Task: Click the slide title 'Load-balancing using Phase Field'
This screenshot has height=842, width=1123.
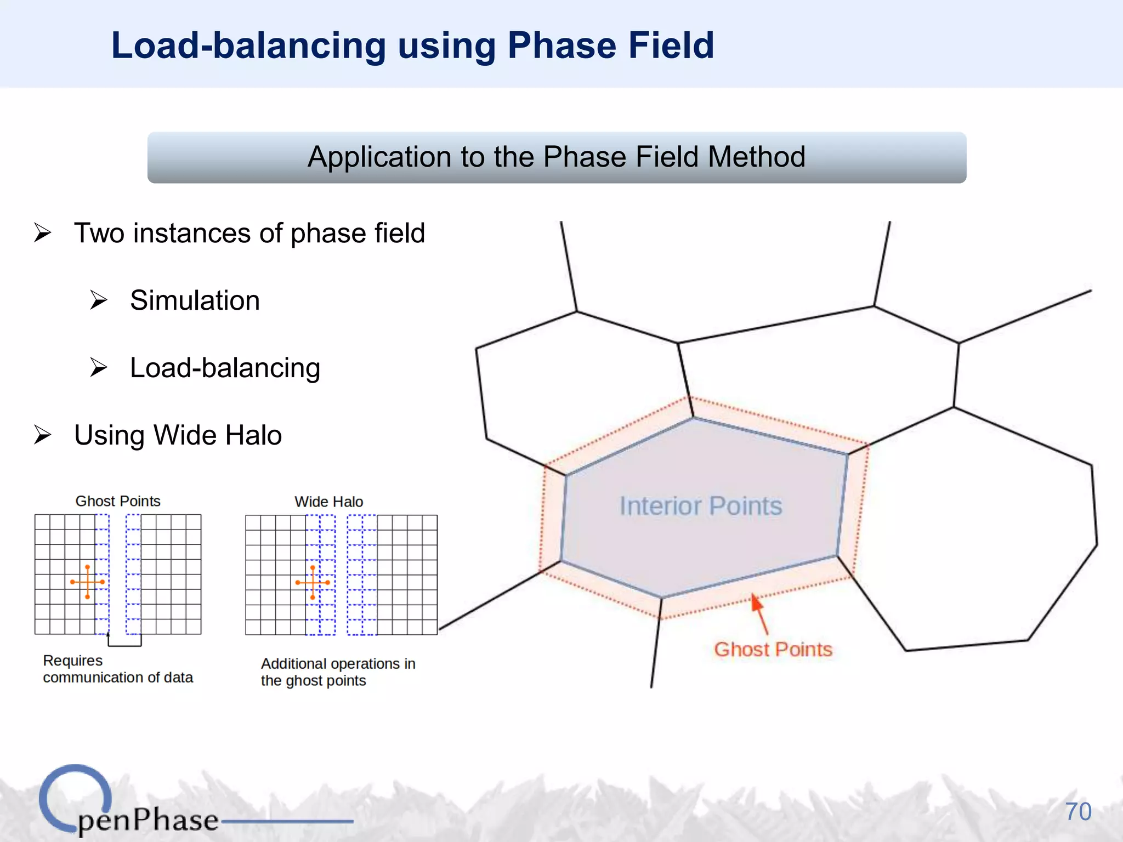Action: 412,45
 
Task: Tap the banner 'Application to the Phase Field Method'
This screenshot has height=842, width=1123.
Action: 556,157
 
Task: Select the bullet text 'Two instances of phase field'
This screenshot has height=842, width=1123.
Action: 249,233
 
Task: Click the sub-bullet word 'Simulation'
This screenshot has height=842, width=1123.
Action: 195,300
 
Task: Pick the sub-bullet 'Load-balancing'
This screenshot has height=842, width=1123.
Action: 225,368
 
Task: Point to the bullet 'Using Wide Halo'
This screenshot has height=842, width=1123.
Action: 178,435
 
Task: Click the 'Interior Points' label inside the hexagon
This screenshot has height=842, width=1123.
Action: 700,505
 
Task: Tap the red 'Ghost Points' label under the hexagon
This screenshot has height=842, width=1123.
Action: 773,650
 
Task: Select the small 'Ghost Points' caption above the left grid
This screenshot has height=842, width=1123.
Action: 118,501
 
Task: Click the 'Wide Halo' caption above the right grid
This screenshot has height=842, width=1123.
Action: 328,502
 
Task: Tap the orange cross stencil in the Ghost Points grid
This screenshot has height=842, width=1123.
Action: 87,582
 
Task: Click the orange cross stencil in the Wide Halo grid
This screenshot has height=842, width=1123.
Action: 313,582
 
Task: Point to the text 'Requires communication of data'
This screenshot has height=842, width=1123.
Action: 117,669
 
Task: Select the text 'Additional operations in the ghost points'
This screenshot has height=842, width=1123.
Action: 338,672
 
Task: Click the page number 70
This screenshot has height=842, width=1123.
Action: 1077,812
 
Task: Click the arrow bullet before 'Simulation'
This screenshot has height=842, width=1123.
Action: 99,300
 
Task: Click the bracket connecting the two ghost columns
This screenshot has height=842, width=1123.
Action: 124,644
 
